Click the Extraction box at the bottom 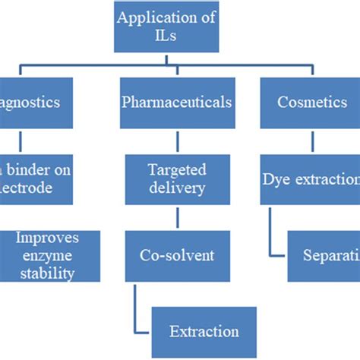click(x=204, y=330)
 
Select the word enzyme click(x=46, y=256)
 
